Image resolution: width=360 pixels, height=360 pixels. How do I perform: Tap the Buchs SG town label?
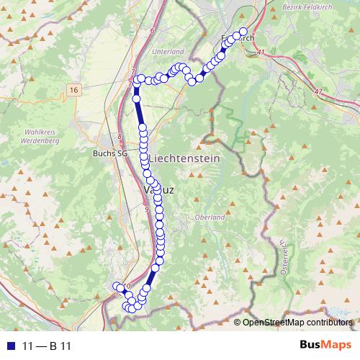(x=109, y=153)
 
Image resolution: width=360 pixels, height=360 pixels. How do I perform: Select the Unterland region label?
(x=168, y=52)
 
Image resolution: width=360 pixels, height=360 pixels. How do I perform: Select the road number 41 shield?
(x=260, y=53)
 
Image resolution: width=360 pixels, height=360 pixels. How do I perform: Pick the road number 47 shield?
(x=319, y=91)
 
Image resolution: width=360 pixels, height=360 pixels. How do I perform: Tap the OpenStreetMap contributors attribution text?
(x=297, y=322)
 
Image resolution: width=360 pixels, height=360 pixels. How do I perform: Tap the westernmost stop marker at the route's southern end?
(x=117, y=287)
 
